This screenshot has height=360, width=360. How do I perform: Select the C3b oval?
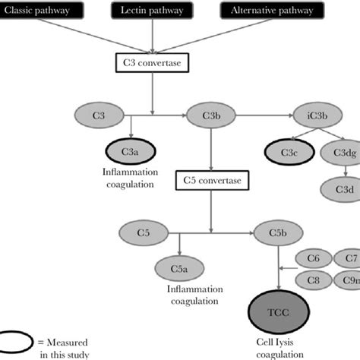[x=210, y=115]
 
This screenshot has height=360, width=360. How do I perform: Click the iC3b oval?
[x=318, y=115]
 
